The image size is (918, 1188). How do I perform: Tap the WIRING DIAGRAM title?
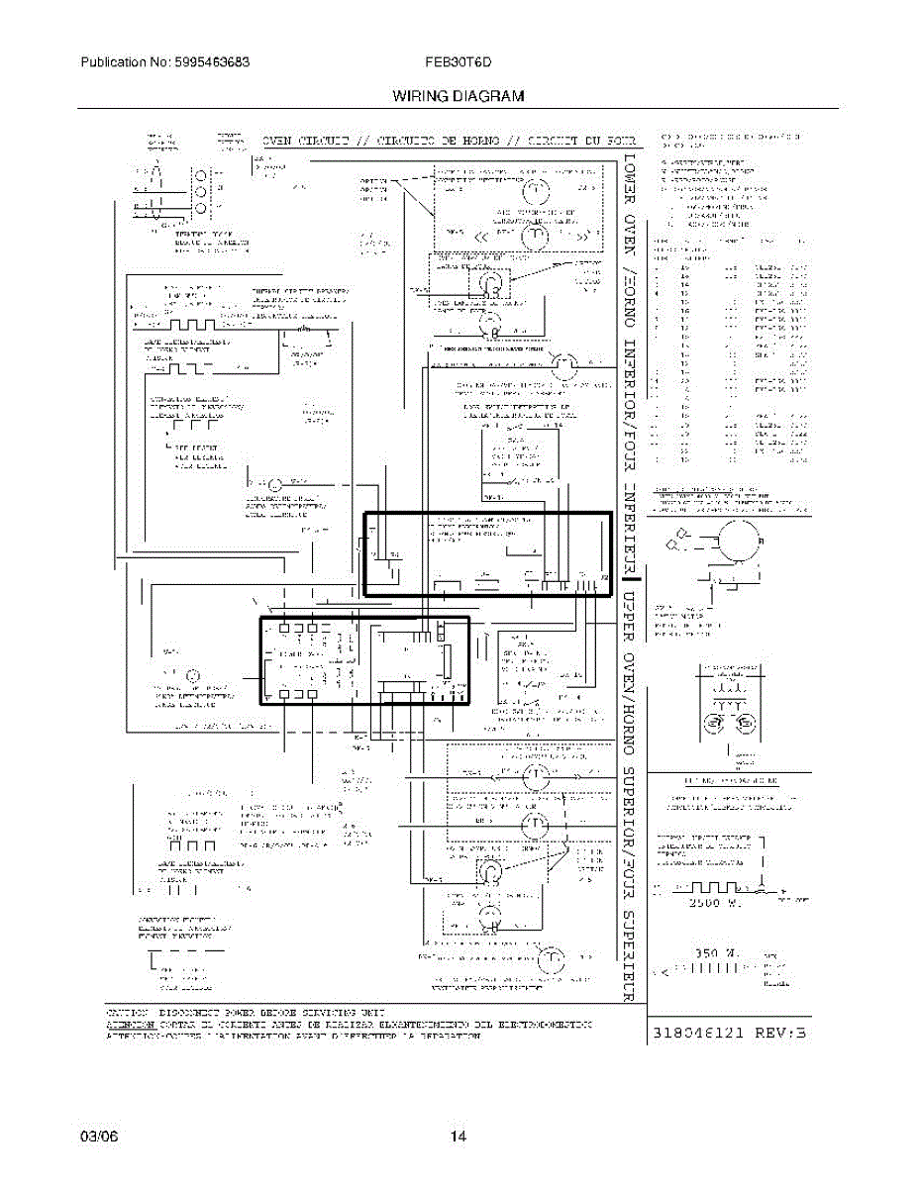coord(458,96)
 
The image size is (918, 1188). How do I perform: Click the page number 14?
coord(458,1137)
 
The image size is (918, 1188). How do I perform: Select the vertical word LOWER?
coord(629,188)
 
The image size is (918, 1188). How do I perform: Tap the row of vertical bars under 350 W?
coord(709,970)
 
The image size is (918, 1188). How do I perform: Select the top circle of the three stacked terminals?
coord(201,171)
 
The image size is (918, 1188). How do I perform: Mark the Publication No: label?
coord(112,61)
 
